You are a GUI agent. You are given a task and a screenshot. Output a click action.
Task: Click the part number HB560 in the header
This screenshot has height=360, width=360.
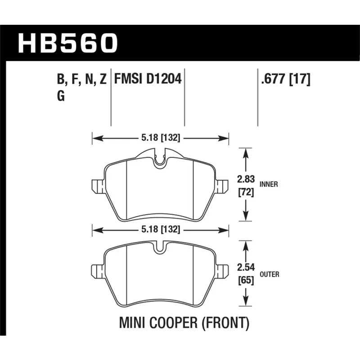pos(68,43)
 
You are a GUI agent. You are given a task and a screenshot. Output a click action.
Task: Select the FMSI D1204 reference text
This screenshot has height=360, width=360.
pos(148,79)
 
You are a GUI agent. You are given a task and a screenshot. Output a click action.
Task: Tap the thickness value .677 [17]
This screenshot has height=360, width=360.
pos(286,79)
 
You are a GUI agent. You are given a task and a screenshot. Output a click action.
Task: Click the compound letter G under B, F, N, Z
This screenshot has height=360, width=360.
pos(61,96)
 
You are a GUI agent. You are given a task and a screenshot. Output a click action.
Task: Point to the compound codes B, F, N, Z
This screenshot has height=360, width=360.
pos(82,80)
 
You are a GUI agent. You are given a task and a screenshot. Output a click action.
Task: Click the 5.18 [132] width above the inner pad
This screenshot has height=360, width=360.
pos(161,138)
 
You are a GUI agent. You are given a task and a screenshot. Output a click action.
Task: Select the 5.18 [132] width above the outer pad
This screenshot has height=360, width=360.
pos(161,229)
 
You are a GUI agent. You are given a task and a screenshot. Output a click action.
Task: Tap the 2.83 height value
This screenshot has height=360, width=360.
pos(246,179)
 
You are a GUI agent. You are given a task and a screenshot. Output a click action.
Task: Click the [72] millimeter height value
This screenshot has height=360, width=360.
pos(246,192)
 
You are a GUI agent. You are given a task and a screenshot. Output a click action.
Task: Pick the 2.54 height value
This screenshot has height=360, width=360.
pos(246,267)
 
